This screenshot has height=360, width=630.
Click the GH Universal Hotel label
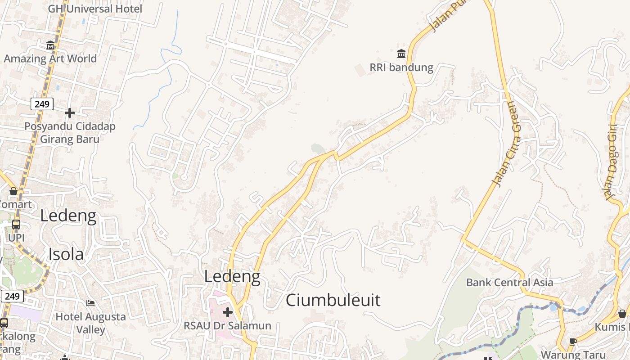pos(95,9)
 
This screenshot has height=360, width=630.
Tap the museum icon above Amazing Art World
pos(50,45)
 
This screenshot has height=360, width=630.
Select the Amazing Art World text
pos(50,58)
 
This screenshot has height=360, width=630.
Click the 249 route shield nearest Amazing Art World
pos(42,104)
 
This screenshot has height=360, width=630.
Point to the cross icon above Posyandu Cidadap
pos(70,112)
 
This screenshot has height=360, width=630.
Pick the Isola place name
pos(66,254)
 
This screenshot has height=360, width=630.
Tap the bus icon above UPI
pos(16,224)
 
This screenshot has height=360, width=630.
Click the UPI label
pos(16,237)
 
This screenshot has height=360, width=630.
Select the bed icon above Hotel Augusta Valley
pos(90,303)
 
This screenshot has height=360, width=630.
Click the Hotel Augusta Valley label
pos(90,323)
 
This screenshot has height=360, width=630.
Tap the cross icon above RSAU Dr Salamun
pos(228,312)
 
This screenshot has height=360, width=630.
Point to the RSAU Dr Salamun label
pos(228,325)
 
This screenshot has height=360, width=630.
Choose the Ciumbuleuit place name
pos(333,300)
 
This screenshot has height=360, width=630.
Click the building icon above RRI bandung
pos(401,54)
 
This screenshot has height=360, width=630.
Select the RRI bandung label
pos(401,67)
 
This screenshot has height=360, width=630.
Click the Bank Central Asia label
pos(510,283)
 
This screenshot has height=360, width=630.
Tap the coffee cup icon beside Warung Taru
pos(573,342)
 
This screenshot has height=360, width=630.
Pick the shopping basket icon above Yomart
pos(13,191)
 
